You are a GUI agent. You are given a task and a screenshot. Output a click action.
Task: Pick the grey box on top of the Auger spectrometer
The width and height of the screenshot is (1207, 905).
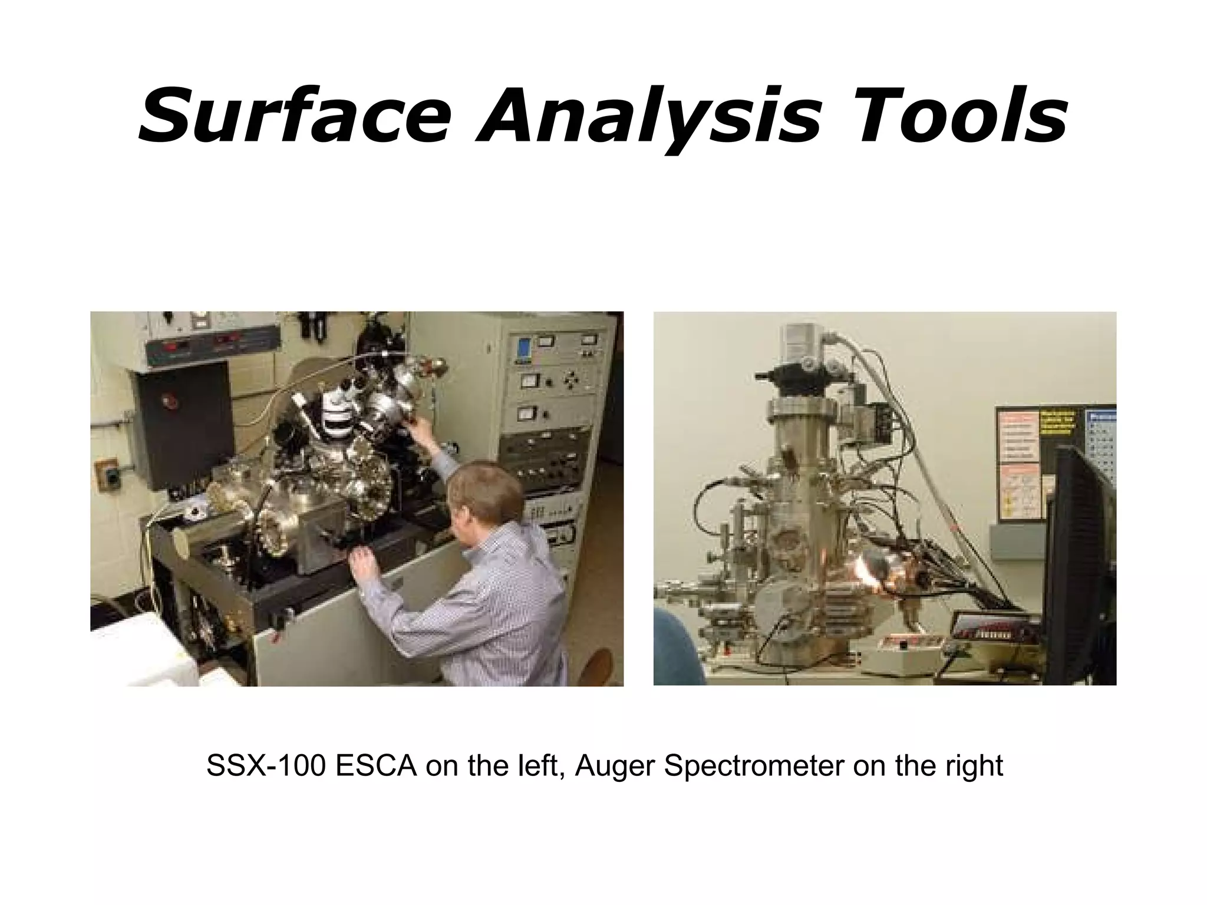[801, 341]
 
